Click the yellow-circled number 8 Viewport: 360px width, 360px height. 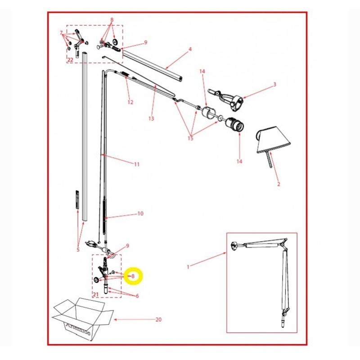tap(133, 276)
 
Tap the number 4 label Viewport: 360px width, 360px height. tap(190, 49)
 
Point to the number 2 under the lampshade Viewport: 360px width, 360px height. tap(278, 184)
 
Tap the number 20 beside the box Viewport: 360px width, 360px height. tap(158, 320)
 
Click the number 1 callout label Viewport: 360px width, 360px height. tap(188, 267)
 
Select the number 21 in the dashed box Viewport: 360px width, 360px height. tap(96, 294)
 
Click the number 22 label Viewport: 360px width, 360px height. tap(70, 59)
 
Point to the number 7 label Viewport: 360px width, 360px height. tap(62, 32)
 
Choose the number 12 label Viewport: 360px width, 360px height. tap(130, 102)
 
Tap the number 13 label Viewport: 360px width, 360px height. tap(151, 119)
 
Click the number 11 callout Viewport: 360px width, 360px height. tap(137, 164)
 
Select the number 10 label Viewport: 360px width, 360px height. tap(140, 213)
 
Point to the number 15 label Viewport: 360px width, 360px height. tap(190, 138)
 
